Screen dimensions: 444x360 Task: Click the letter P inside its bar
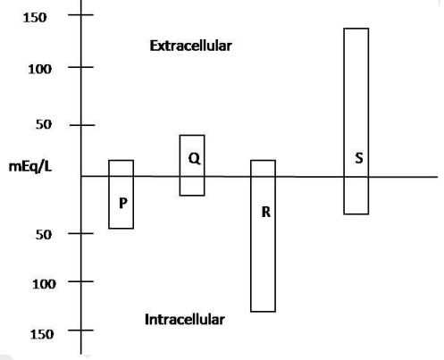(x=123, y=203)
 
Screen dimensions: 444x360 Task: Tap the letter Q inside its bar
(x=194, y=158)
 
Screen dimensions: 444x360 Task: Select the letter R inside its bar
(x=266, y=212)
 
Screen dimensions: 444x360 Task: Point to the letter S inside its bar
(x=359, y=158)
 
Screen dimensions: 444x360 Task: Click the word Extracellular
(x=191, y=46)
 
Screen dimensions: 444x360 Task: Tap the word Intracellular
(x=185, y=320)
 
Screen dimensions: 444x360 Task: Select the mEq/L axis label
(x=30, y=166)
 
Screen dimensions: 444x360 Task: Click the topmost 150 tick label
(x=35, y=18)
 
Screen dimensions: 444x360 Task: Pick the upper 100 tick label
(x=39, y=69)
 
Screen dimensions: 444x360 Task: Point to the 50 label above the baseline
(x=44, y=124)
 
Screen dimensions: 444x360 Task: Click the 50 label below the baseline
(x=44, y=235)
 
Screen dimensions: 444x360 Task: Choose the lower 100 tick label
(x=44, y=284)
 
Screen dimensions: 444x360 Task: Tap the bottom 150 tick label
(x=42, y=334)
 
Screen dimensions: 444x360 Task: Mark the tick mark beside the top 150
(x=80, y=14)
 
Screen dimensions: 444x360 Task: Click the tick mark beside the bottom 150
(x=80, y=330)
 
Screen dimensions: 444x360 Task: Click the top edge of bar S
(x=356, y=29)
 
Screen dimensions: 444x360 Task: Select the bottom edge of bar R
(x=263, y=312)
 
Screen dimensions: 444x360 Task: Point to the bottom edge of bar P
(x=121, y=229)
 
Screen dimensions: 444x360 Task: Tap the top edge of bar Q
(x=192, y=136)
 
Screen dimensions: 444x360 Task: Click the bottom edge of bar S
(x=356, y=213)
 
